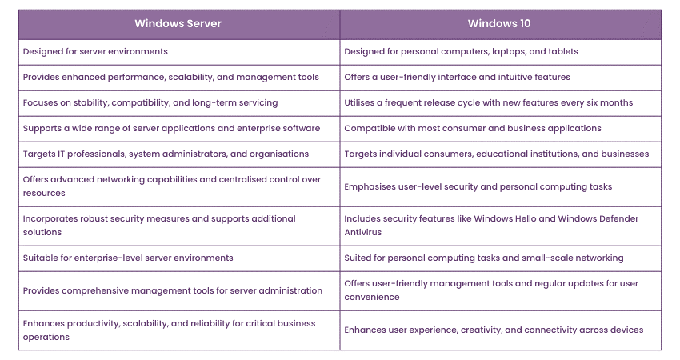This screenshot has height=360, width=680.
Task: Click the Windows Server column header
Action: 178,23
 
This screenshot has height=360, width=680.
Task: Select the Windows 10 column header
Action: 499,23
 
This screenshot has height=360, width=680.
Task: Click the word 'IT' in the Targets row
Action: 61,154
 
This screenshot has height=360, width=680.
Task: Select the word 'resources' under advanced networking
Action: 44,194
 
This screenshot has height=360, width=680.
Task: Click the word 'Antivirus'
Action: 363,233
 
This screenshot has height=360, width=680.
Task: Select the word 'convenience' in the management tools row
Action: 372,298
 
